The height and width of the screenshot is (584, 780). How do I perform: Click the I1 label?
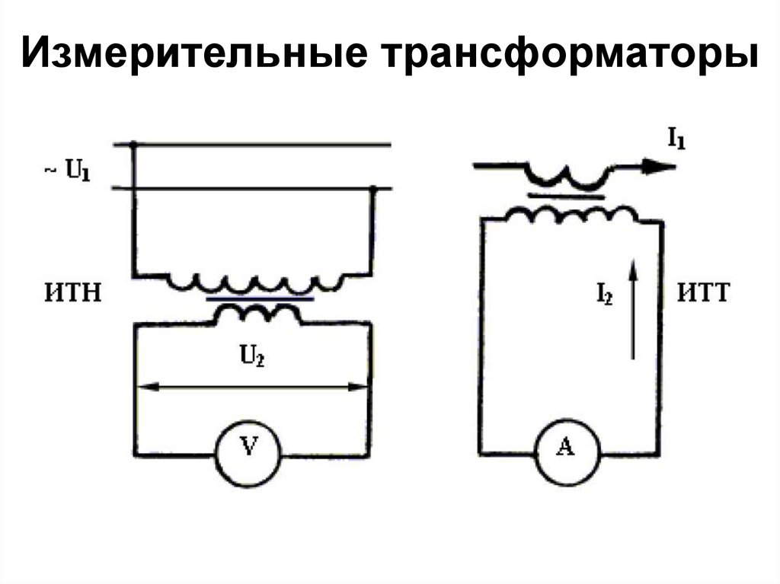tap(675, 139)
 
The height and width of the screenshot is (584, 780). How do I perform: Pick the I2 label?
tap(604, 295)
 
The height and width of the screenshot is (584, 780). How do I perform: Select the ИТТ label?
tap(702, 293)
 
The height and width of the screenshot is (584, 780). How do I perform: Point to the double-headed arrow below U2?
tap(252, 387)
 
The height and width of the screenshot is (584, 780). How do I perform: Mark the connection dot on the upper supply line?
tap(134, 144)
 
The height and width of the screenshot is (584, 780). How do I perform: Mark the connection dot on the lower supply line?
tap(373, 189)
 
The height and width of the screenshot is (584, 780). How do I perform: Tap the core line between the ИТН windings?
tap(258, 300)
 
